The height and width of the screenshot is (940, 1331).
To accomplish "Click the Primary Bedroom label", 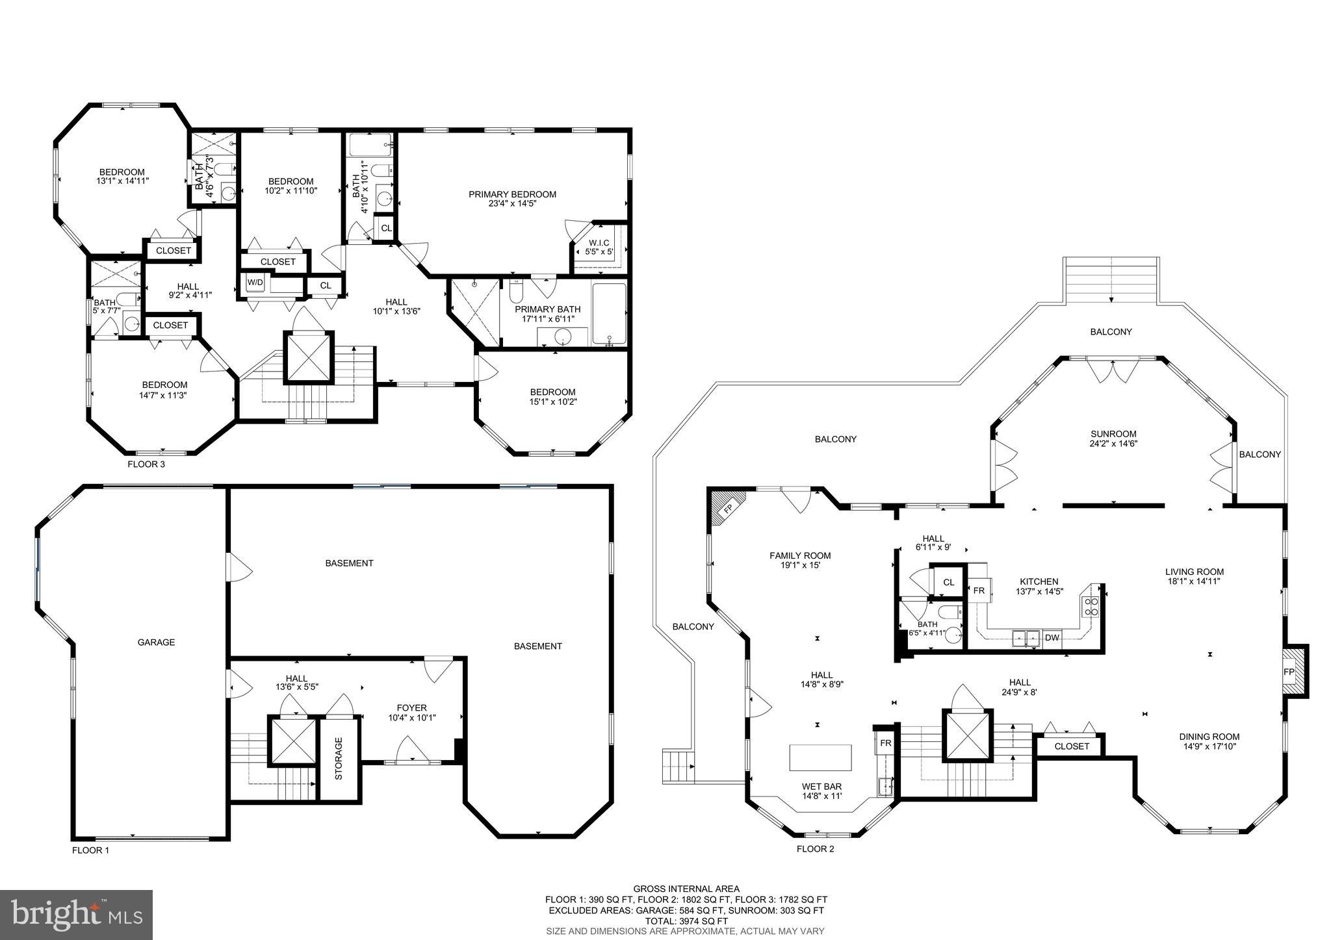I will (512, 194).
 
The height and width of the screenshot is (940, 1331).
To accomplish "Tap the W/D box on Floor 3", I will (255, 283).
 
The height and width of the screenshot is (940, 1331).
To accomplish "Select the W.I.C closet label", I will (599, 243).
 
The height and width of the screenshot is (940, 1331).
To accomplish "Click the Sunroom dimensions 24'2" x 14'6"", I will (1113, 444).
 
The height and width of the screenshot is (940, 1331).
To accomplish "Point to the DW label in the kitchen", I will (1052, 638).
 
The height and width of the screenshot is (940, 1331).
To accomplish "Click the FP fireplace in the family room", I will (728, 508).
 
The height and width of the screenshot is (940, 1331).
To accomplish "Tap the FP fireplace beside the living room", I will (1288, 671).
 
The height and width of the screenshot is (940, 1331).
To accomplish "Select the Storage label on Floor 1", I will (338, 758).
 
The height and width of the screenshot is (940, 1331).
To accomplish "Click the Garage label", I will (156, 642).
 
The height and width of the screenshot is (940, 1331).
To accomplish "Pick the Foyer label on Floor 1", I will (412, 708).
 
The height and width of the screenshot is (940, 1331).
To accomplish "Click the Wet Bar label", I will (821, 786).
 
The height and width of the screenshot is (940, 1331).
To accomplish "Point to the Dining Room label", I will (1209, 737).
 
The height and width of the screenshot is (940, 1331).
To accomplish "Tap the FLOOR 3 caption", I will (146, 464).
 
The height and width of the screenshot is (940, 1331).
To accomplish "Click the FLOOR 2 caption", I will (815, 849).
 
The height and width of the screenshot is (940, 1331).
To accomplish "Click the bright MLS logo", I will (76, 915).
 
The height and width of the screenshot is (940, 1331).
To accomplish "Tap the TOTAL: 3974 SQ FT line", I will (686, 921).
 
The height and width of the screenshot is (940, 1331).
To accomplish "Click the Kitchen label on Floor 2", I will (1039, 581).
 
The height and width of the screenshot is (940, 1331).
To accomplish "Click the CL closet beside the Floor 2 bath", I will (948, 582).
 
